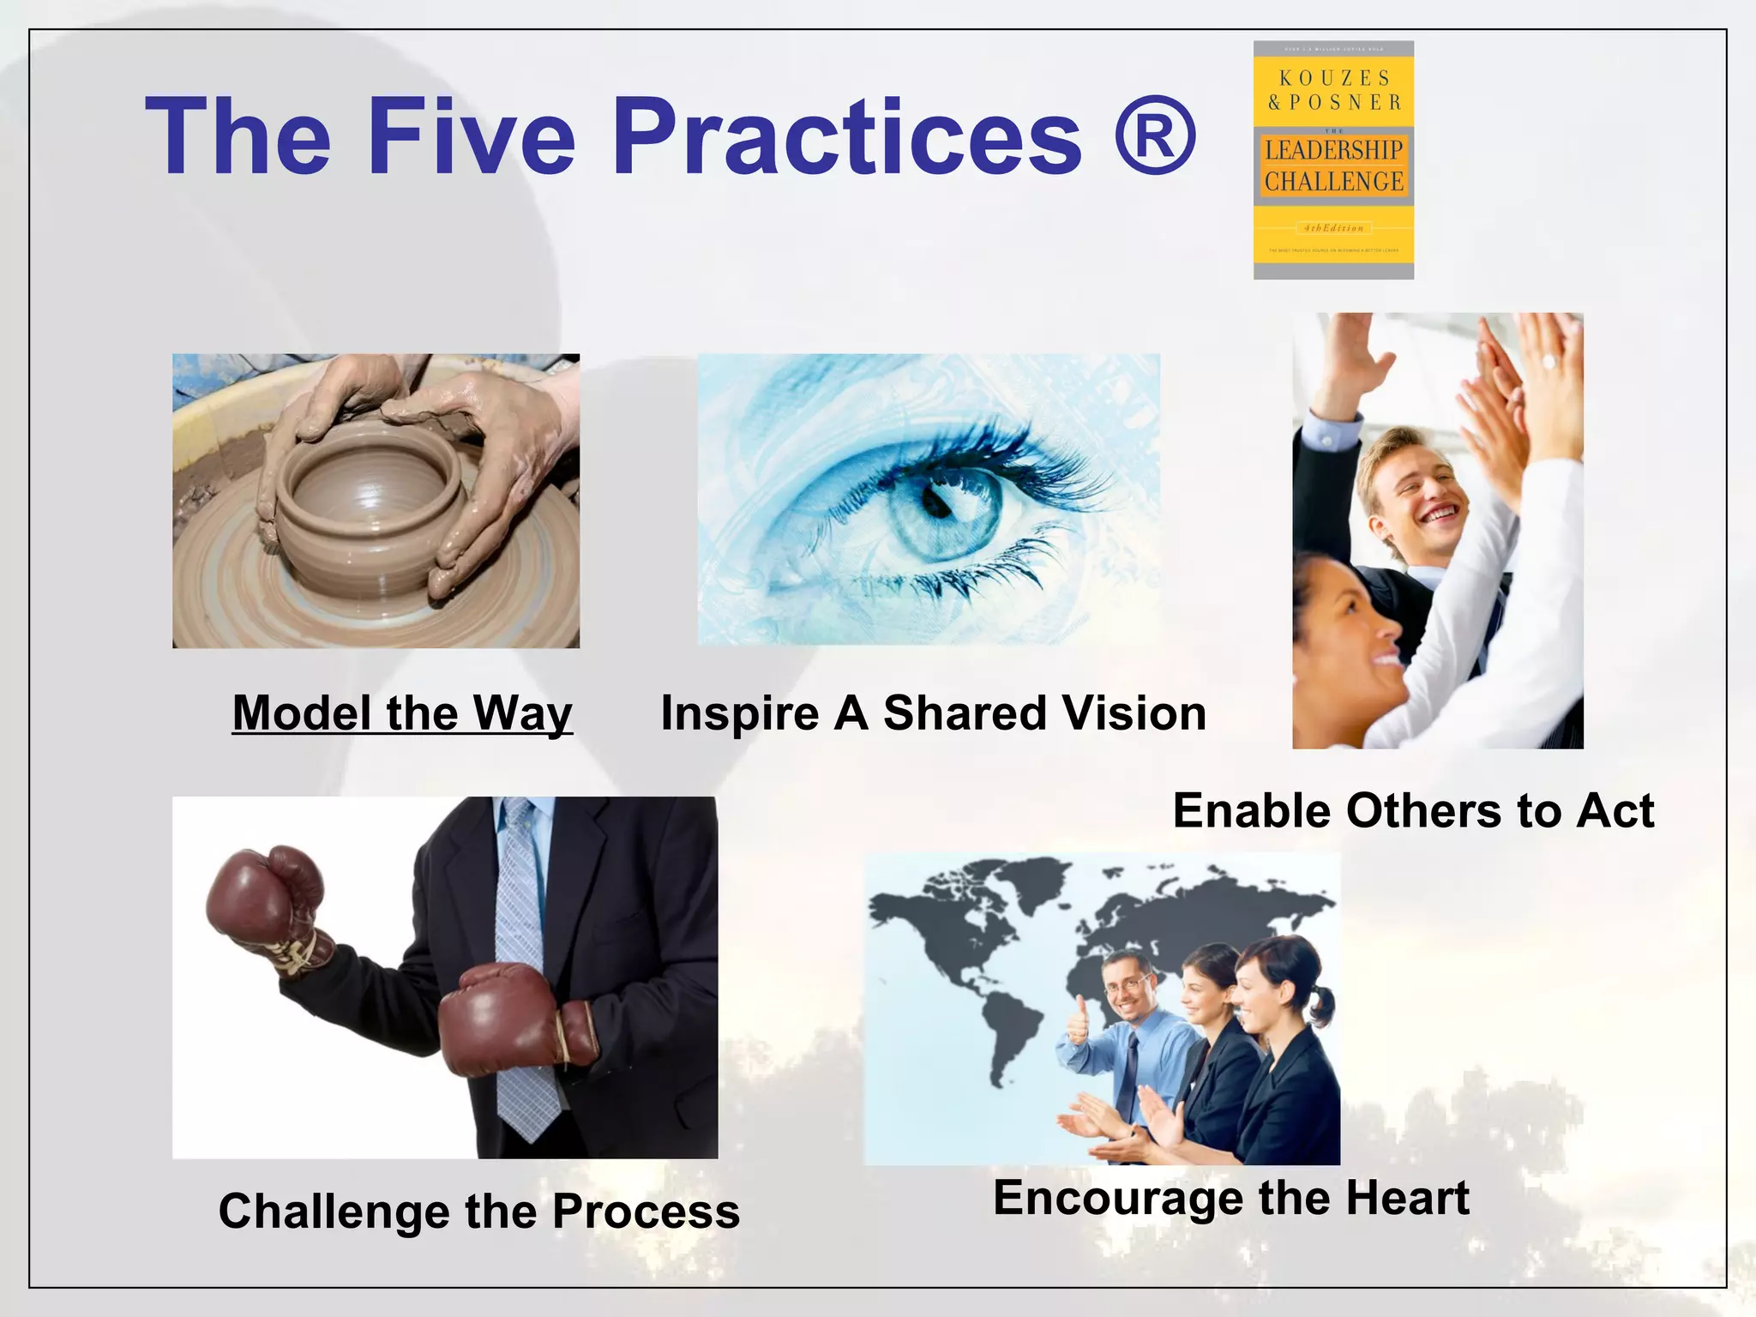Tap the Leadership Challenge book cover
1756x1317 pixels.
click(1333, 160)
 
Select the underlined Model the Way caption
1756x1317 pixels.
click(402, 713)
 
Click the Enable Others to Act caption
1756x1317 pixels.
click(1413, 811)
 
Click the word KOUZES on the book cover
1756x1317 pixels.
click(1333, 78)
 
